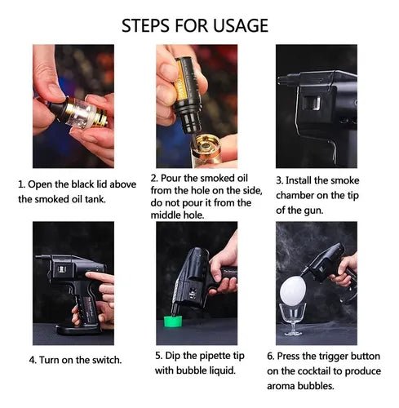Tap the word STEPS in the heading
146,25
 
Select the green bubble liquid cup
172,321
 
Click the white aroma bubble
293,290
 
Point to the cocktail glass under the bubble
293,319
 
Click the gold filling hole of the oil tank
206,147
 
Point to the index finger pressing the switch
100,277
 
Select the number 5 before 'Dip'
158,356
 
